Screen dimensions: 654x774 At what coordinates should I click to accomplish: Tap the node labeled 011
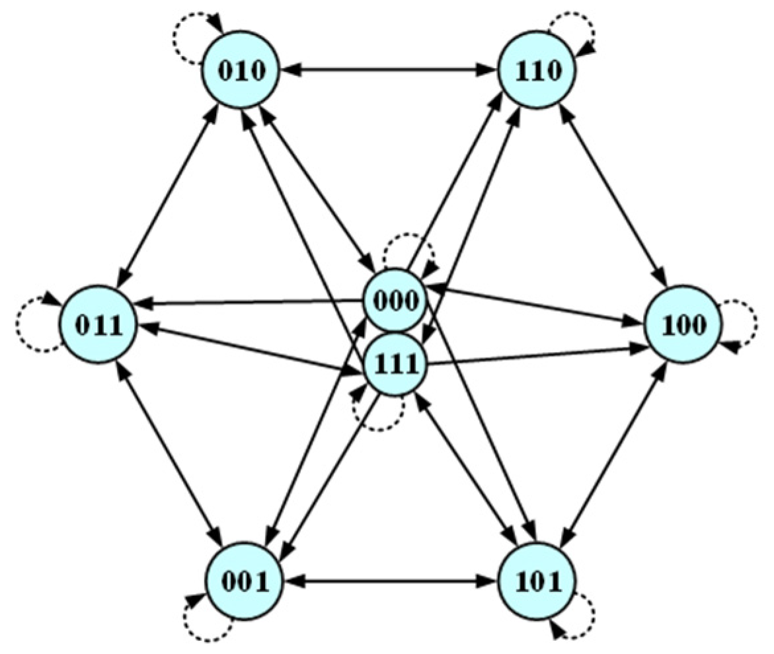coord(98,325)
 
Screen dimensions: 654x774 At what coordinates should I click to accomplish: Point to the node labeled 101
coord(536,582)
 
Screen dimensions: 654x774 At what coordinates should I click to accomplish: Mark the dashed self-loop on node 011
coord(30,325)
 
